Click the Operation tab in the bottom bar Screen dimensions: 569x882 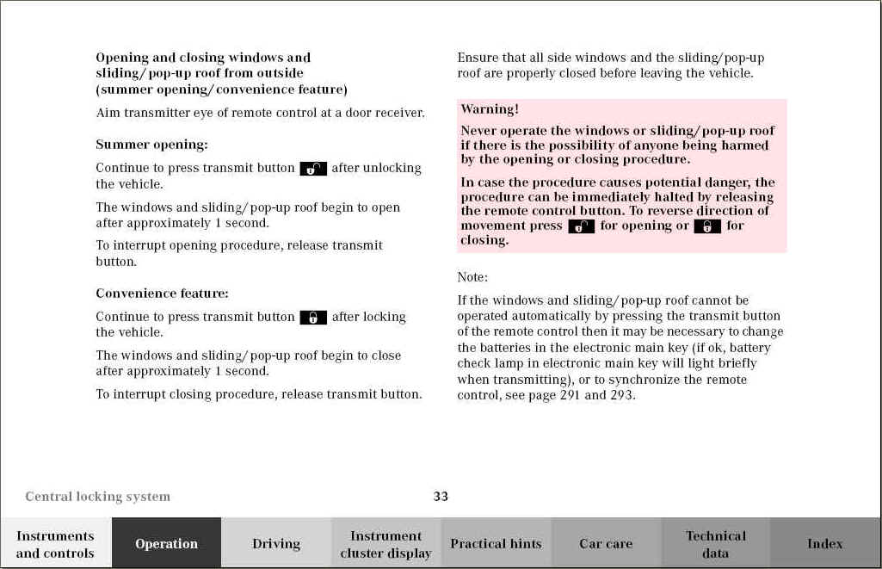[x=166, y=543]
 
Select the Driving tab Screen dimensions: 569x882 [x=276, y=543]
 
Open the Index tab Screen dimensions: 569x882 [x=824, y=543]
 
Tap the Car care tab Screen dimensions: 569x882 [x=606, y=543]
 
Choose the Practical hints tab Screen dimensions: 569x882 [x=496, y=543]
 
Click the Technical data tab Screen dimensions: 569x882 [x=715, y=544]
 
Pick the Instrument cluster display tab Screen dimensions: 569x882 [x=385, y=544]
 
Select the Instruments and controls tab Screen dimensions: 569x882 [x=55, y=544]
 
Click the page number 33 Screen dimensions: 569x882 [x=441, y=496]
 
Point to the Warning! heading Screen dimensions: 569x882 [x=490, y=109]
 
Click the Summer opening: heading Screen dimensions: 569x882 [x=151, y=145]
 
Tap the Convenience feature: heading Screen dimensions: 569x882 [x=162, y=294]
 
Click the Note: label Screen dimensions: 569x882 [x=472, y=277]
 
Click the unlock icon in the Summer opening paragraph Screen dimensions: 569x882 [x=313, y=169]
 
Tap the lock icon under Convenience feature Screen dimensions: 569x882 [x=313, y=318]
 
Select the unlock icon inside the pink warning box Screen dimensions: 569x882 [x=582, y=226]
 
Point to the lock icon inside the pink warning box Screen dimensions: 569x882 [x=707, y=226]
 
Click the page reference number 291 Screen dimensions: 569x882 [x=570, y=396]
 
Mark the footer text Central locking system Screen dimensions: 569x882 [x=97, y=497]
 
